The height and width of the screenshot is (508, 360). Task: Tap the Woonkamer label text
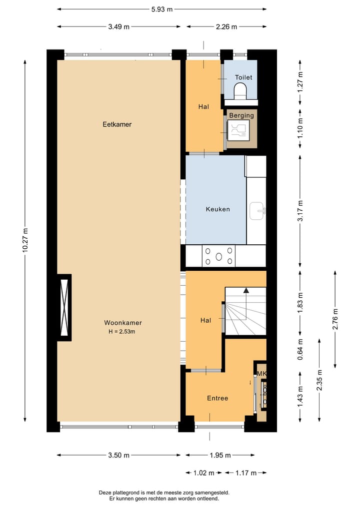pyautogui.click(x=119, y=323)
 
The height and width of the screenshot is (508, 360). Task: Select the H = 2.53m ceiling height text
pyautogui.click(x=119, y=331)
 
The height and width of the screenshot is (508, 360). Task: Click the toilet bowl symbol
pyautogui.click(x=240, y=91)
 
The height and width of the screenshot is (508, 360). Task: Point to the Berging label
pyautogui.click(x=241, y=115)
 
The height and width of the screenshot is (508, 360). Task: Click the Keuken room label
pyautogui.click(x=217, y=209)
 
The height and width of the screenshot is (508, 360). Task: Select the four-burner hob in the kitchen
pyautogui.click(x=218, y=256)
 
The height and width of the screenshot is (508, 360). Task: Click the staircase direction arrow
pyautogui.click(x=246, y=290)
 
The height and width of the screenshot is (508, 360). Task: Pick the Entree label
pyautogui.click(x=217, y=398)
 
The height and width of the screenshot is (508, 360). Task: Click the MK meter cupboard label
pyautogui.click(x=261, y=374)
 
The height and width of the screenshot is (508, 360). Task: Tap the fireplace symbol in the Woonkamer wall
pyautogui.click(x=63, y=307)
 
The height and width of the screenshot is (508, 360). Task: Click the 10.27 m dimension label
pyautogui.click(x=25, y=241)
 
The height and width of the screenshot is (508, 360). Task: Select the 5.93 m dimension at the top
pyautogui.click(x=162, y=9)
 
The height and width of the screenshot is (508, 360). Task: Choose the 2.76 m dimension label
pyautogui.click(x=335, y=318)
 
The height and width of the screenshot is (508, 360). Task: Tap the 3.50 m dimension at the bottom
pyautogui.click(x=119, y=455)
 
